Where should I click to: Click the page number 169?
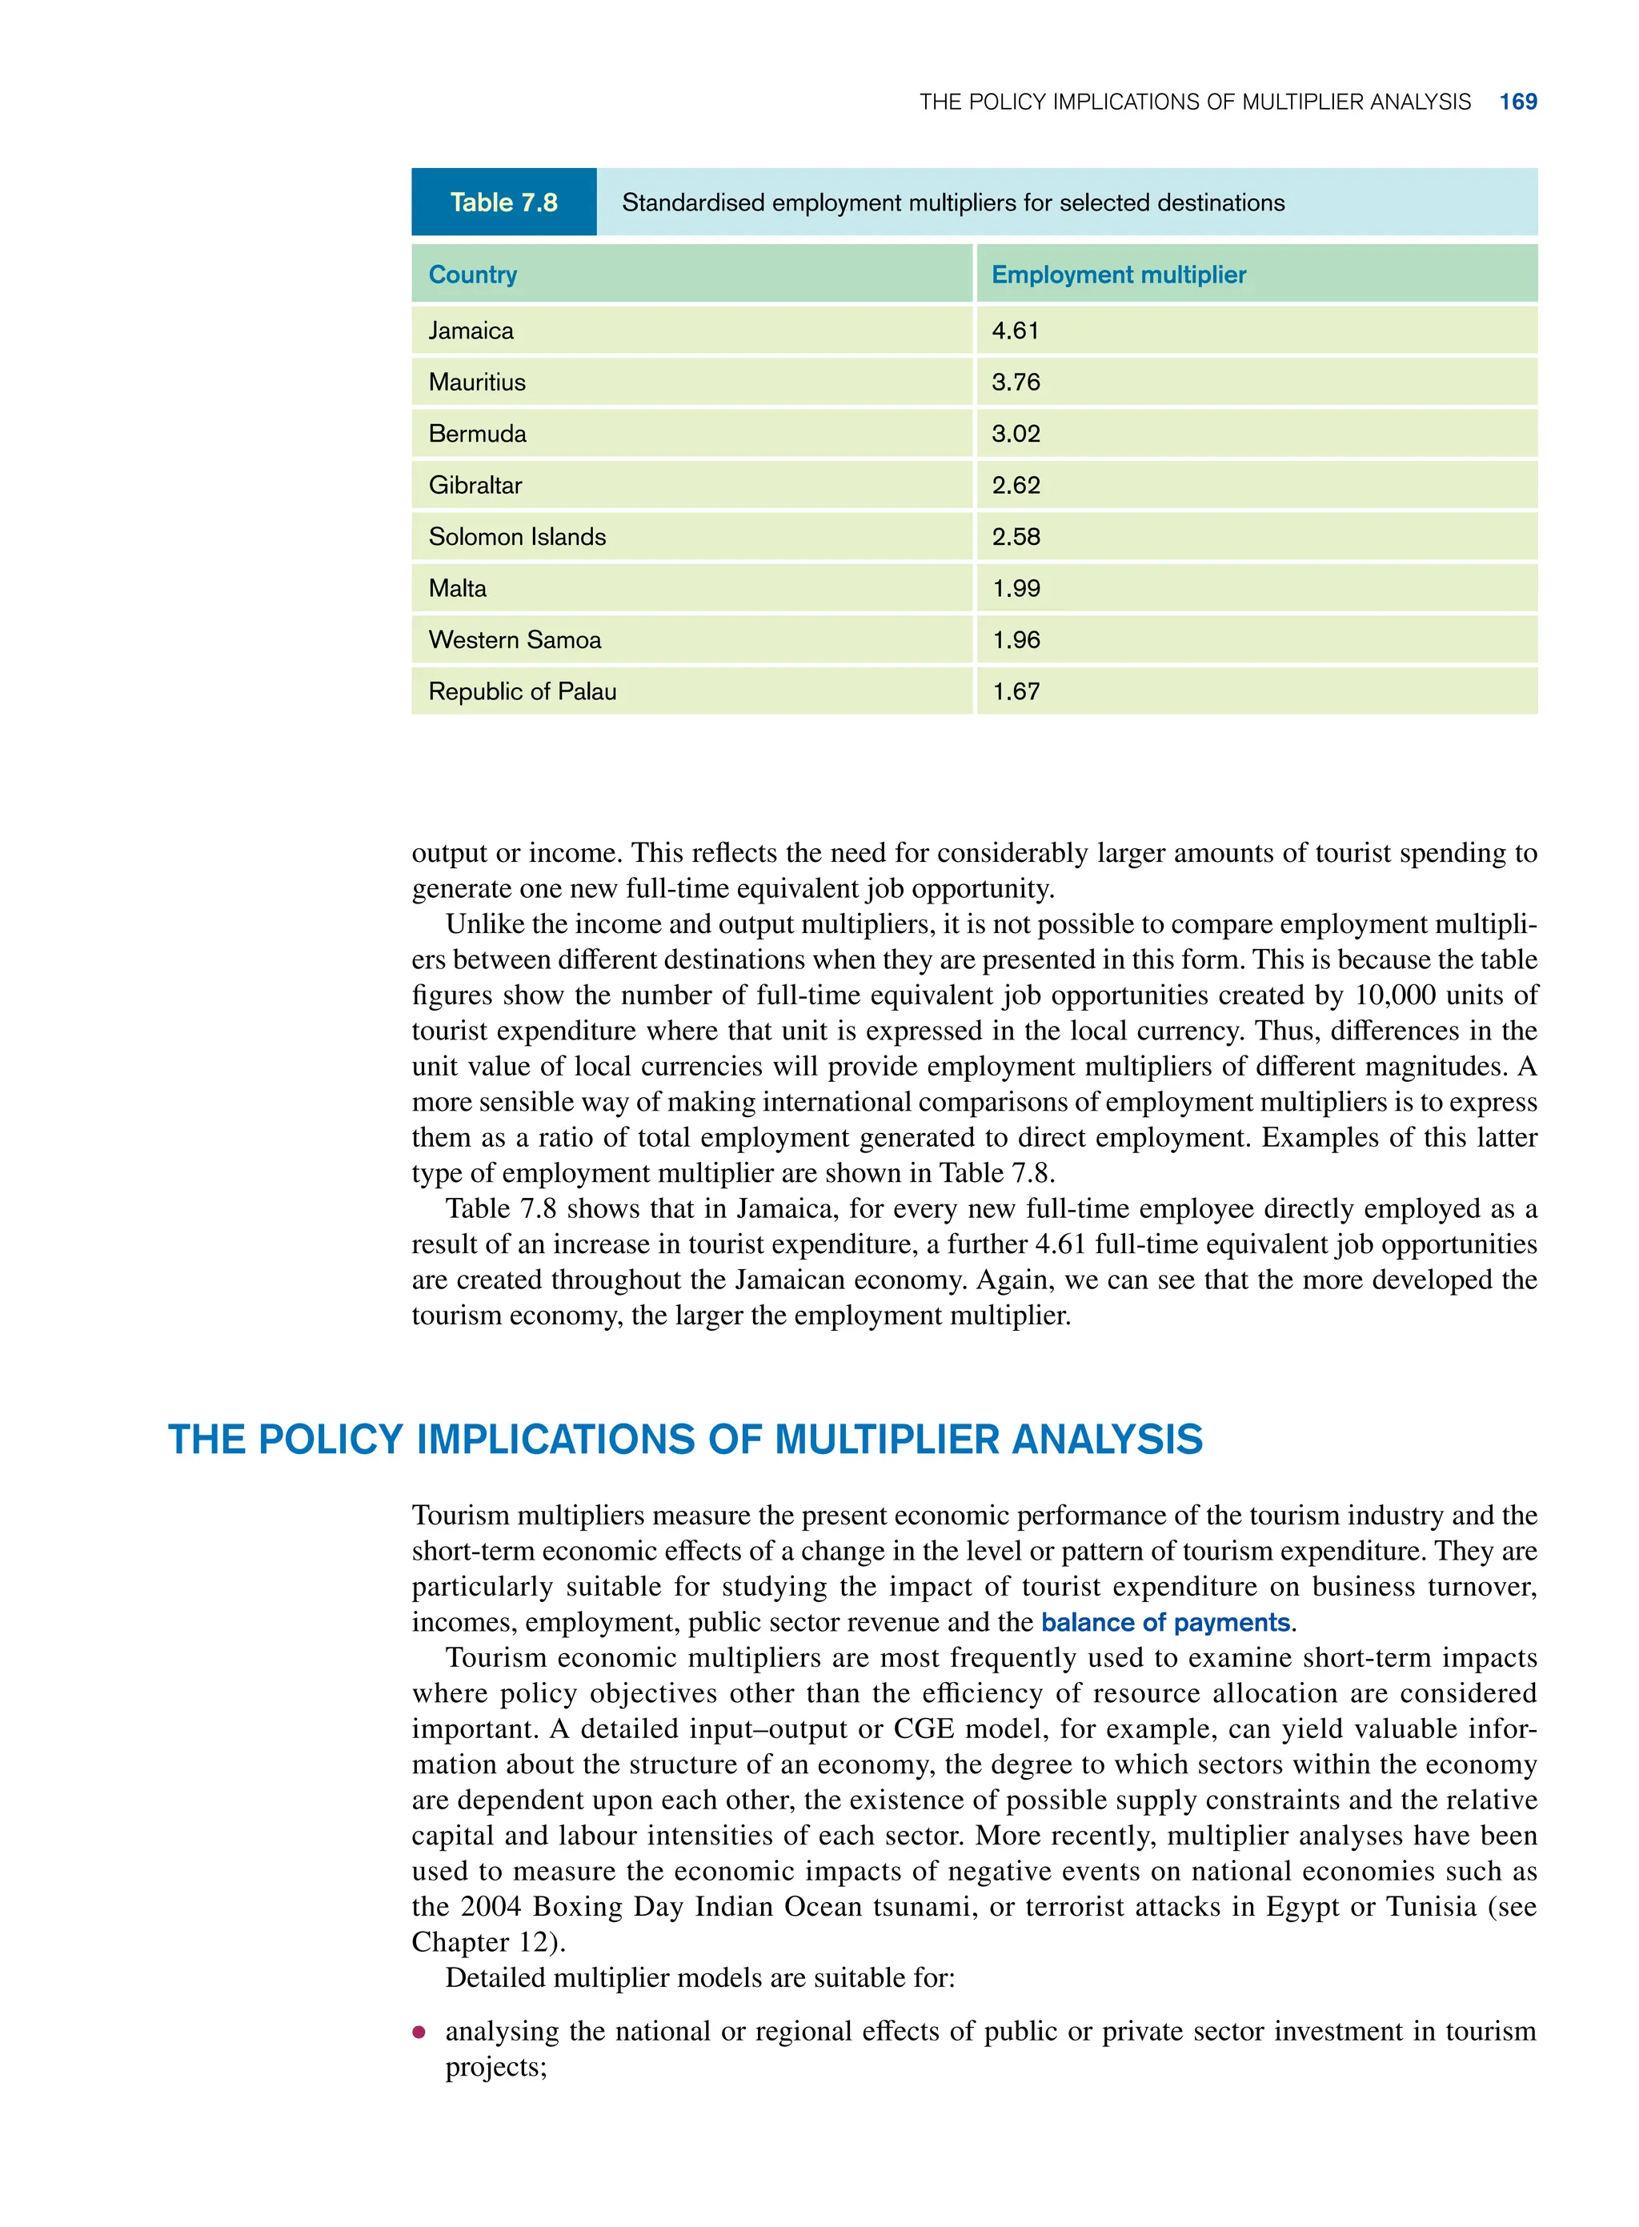[x=1517, y=102]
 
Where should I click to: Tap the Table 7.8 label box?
[x=503, y=202]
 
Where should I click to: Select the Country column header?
[x=472, y=274]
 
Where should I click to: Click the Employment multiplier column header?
[x=1118, y=274]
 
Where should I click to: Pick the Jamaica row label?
[x=471, y=331]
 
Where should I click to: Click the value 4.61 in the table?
[x=1015, y=331]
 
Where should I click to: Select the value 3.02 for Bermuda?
[x=1015, y=435]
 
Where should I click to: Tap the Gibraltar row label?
[x=475, y=486]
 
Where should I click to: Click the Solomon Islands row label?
[x=516, y=538]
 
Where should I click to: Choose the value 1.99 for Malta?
[x=1016, y=589]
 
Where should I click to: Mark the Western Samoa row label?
[x=514, y=641]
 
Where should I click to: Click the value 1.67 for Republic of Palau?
[x=1016, y=692]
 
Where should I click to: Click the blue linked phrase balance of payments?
[x=1164, y=1623]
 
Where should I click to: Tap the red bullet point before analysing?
[x=419, y=2033]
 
